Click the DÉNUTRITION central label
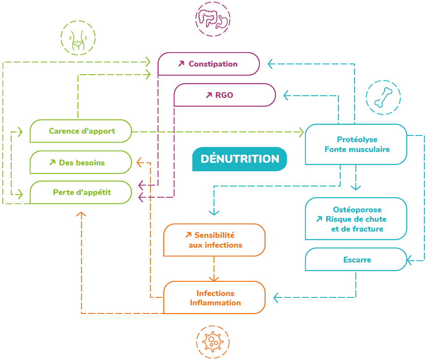coord(239,159)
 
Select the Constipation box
coord(209,64)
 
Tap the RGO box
coord(224,95)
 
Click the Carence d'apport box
coord(81,131)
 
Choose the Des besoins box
coord(81,162)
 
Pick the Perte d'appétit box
coord(81,192)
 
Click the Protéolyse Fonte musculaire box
coord(356,144)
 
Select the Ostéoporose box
coord(356,219)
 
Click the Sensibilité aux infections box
coord(214,240)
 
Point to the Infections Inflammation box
coord(214,298)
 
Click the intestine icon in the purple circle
coord(213,18)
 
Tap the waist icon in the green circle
coord(78,38)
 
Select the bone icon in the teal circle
coord(383,97)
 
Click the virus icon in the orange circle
coord(213,342)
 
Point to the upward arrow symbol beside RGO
coord(209,95)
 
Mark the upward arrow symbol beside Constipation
coord(181,64)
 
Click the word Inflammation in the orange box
coord(215,303)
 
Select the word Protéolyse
coord(357,140)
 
